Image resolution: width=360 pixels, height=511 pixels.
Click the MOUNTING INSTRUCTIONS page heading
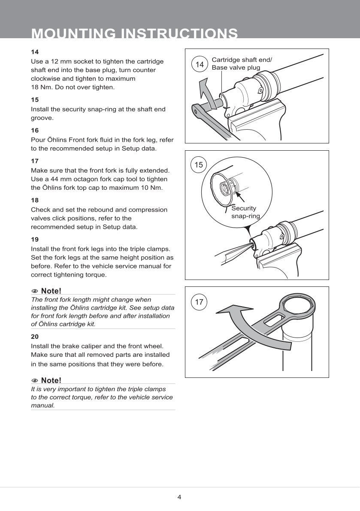134,33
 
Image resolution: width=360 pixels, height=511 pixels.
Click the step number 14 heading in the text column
35,52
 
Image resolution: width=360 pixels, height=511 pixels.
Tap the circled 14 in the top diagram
200,64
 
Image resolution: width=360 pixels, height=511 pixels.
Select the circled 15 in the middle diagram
199,165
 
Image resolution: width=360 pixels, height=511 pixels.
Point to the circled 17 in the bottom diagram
199,302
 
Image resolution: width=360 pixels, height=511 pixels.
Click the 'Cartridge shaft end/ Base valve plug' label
242,64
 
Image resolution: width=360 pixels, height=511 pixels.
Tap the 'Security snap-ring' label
245,212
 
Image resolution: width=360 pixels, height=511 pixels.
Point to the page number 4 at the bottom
179,497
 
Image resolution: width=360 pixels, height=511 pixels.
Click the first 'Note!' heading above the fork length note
51,291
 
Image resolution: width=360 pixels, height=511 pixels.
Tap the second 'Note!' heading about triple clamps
51,380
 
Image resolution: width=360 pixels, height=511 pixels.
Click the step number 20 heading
35,337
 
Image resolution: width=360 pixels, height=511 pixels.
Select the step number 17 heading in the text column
35,161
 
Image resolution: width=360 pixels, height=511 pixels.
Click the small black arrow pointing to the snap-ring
239,197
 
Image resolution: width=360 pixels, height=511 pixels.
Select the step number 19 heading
35,240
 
